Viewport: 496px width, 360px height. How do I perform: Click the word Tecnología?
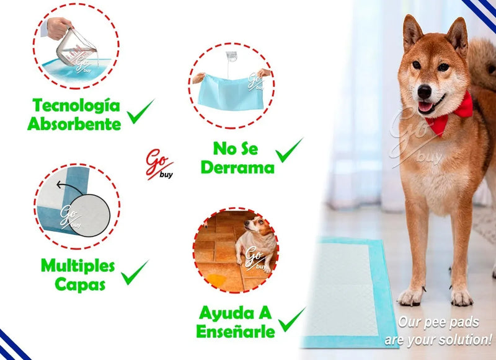click(76, 106)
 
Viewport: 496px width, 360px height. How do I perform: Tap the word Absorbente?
click(74, 123)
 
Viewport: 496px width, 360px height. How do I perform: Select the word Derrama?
click(237, 167)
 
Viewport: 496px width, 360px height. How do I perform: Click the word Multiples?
click(78, 266)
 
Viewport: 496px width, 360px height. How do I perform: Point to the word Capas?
click(80, 284)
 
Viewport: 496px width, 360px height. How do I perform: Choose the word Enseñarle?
click(236, 331)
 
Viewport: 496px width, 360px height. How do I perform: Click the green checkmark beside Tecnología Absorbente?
click(140, 112)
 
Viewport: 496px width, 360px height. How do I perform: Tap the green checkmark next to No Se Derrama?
click(289, 150)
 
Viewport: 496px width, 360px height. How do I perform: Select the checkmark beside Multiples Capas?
click(135, 273)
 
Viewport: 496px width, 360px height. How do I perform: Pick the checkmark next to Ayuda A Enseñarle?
click(291, 319)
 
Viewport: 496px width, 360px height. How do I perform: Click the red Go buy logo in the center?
click(160, 164)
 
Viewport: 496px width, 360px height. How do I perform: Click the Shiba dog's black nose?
click(424, 92)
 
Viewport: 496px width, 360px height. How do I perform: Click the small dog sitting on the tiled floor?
click(256, 244)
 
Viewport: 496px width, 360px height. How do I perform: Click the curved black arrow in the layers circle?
click(69, 187)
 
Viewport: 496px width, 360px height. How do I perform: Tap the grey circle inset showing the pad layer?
click(89, 215)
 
